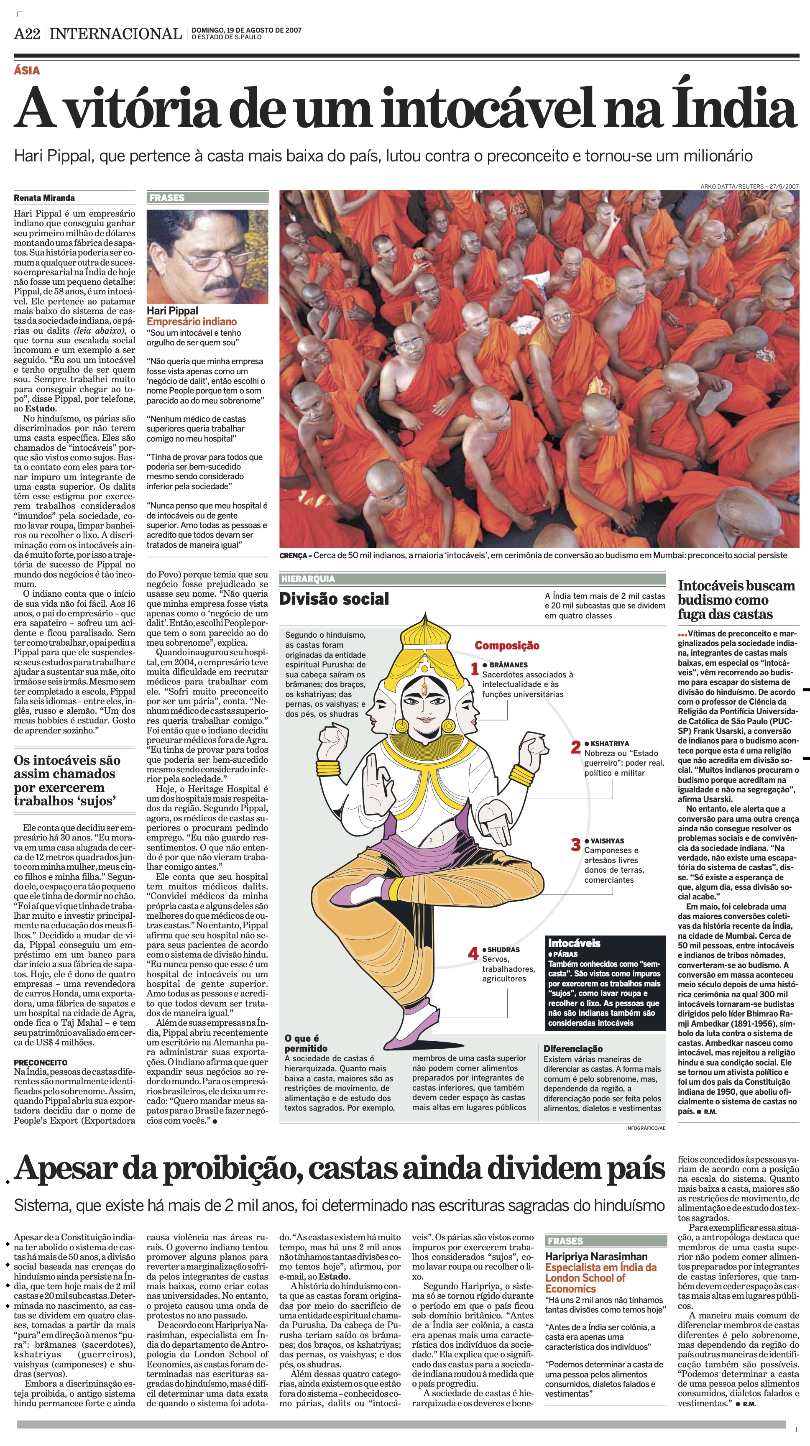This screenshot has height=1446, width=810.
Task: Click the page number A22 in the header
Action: coord(27,34)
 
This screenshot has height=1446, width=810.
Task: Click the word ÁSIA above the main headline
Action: coord(27,70)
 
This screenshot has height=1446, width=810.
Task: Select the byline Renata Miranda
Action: coord(44,198)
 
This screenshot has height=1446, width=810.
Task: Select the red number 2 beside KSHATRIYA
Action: coord(576,747)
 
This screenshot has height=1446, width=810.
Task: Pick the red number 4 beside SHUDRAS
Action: coord(474,953)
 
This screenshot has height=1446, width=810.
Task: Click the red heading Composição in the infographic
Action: coord(507,646)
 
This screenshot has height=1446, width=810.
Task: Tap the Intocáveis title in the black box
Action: coord(574,943)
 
